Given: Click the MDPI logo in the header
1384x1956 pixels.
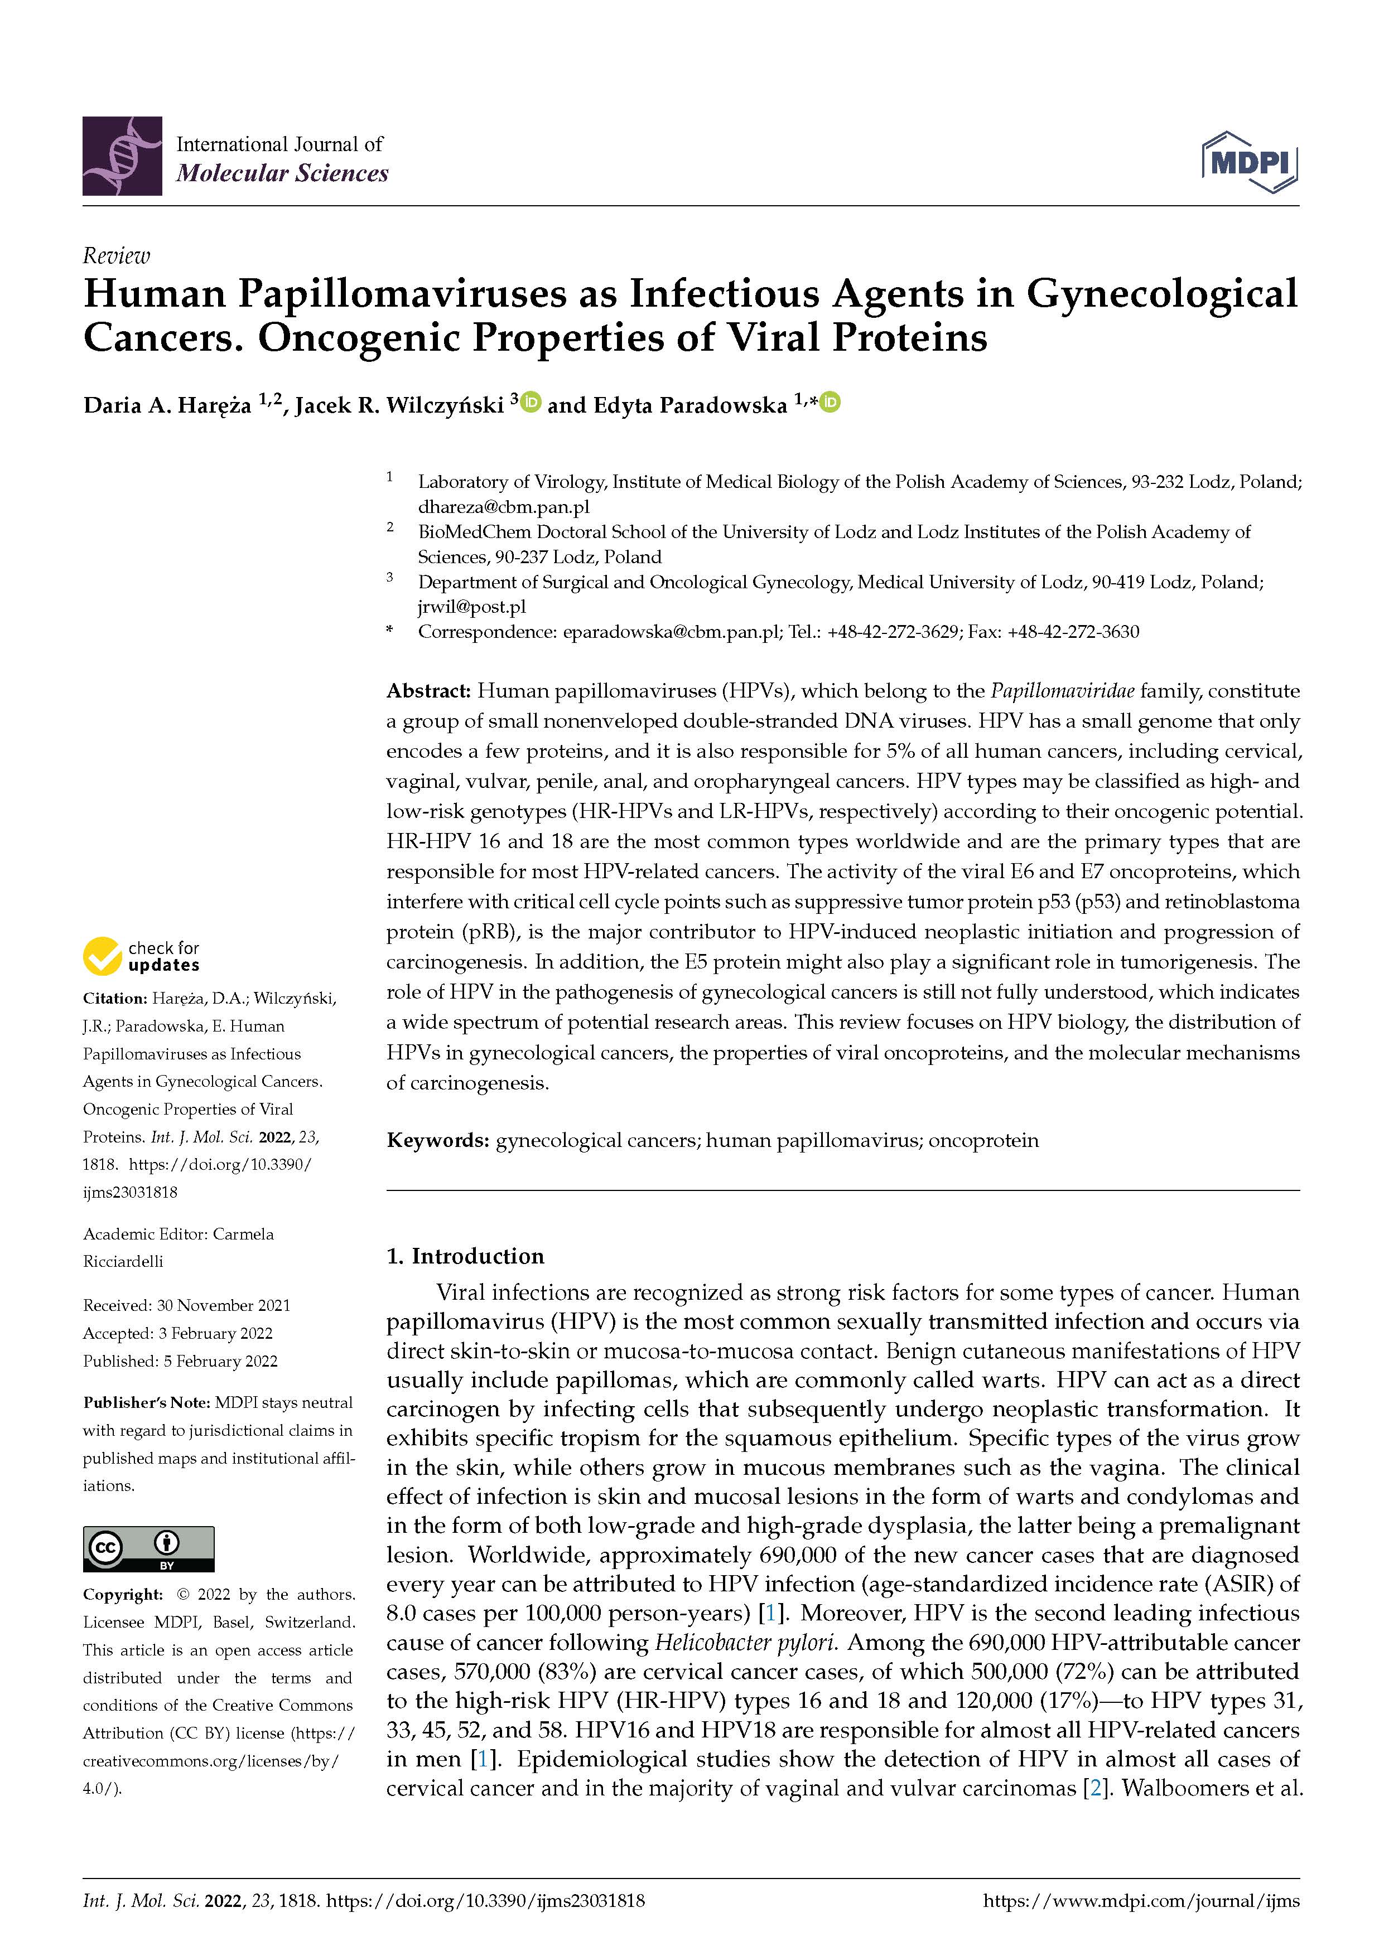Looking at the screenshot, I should tap(1250, 161).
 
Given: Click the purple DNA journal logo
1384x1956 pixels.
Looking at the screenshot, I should tap(122, 156).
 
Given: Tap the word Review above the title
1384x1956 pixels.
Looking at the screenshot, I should tap(116, 255).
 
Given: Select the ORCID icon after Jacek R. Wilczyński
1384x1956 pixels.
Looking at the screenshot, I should tap(531, 401).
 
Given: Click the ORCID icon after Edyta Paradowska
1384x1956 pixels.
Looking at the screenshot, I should tap(830, 401).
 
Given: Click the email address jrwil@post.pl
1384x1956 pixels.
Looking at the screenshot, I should tap(471, 607).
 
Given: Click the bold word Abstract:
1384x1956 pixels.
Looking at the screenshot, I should tap(428, 690).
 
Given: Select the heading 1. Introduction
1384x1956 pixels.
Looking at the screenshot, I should tap(465, 1256).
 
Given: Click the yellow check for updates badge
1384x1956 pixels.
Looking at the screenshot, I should tap(142, 956).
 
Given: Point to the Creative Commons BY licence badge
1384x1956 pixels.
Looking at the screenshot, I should tap(148, 1549).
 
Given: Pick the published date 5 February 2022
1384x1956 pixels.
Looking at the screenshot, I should tap(221, 1361).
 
